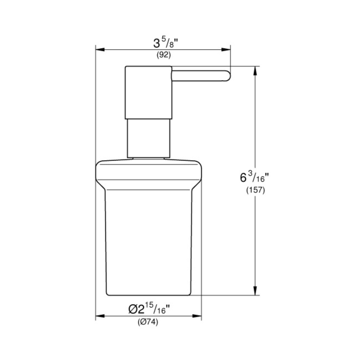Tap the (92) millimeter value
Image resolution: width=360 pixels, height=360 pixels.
164,55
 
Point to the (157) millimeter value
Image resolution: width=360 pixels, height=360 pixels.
255,190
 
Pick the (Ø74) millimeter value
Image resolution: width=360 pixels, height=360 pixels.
148,322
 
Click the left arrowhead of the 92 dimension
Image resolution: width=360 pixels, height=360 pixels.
100,50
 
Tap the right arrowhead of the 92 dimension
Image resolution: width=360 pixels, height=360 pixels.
226,50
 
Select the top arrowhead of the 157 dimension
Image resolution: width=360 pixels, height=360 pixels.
255,71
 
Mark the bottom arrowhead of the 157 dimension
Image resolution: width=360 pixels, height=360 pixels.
255,291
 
